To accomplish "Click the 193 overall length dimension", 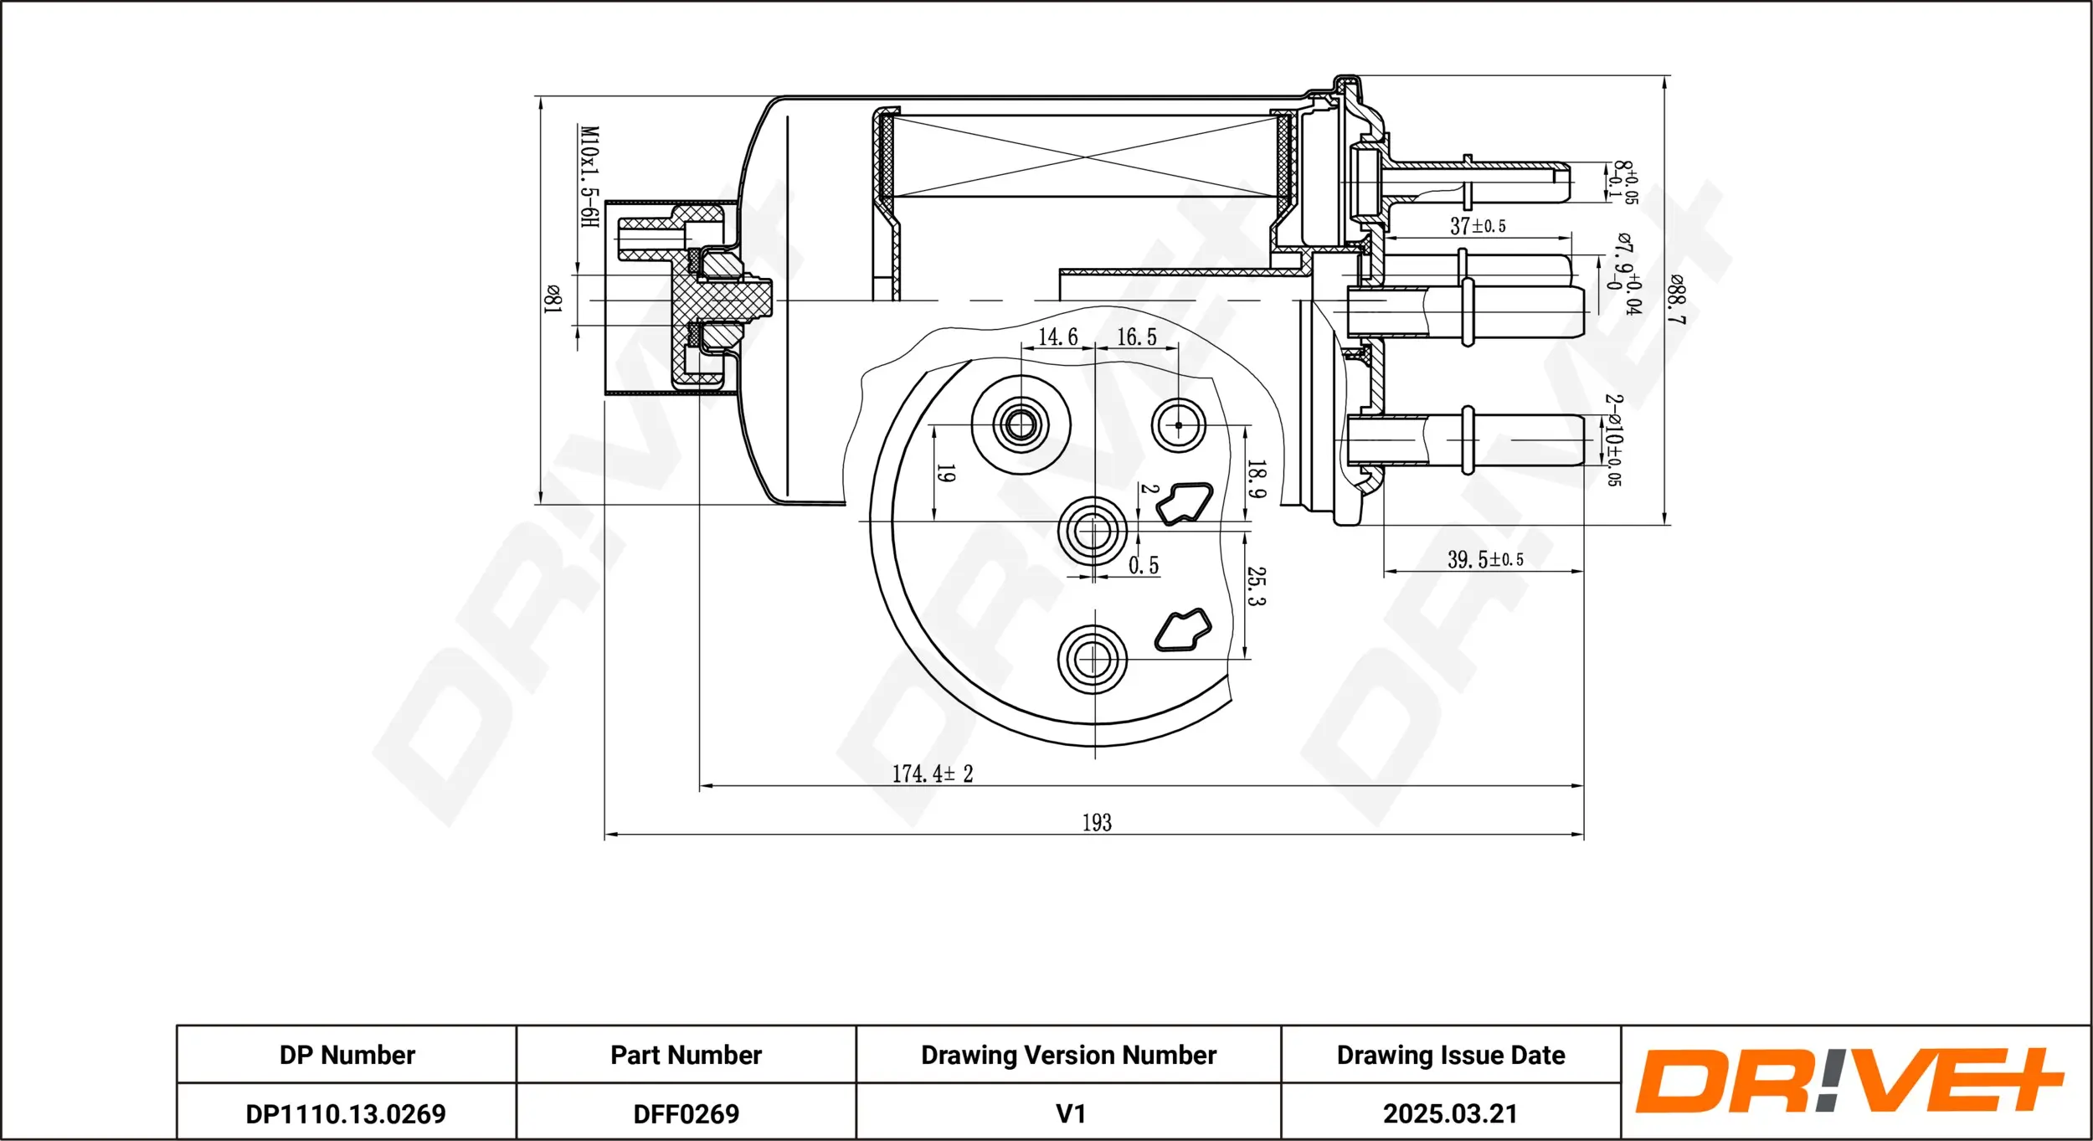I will [x=1096, y=823].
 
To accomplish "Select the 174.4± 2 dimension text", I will [x=932, y=774].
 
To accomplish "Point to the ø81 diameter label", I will [x=553, y=299].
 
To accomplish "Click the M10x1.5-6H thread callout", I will [x=589, y=177].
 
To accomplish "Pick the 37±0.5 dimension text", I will [x=1478, y=226].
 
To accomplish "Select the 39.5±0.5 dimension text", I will [x=1484, y=559].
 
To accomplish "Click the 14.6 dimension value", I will [x=1057, y=337].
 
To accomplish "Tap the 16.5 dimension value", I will [x=1136, y=337].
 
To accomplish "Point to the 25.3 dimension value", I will [x=1256, y=586].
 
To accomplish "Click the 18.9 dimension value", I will [x=1256, y=479].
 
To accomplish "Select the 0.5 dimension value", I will [x=1144, y=566].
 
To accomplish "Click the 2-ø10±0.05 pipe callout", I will [x=1612, y=440].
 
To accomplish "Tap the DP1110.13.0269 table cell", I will [x=346, y=1113].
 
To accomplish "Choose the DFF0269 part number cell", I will [x=686, y=1113].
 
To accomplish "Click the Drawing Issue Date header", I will [x=1450, y=1055].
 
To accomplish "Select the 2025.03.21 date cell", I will [x=1450, y=1113].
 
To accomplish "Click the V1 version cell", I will [x=1070, y=1113].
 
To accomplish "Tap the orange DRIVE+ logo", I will [x=1849, y=1081].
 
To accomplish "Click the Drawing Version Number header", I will [x=1068, y=1055].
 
